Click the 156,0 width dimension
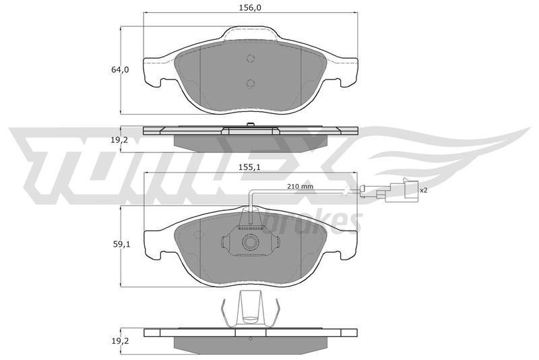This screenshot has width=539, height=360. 250,7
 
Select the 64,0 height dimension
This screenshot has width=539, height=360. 120,69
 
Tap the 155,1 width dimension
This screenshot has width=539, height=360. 250,167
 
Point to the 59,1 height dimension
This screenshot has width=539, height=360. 122,245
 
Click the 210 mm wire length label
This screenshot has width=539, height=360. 300,187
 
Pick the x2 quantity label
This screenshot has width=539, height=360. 424,190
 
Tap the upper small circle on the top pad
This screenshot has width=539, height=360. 251,59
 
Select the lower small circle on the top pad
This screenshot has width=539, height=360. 251,83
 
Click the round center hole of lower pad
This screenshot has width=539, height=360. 250,243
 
